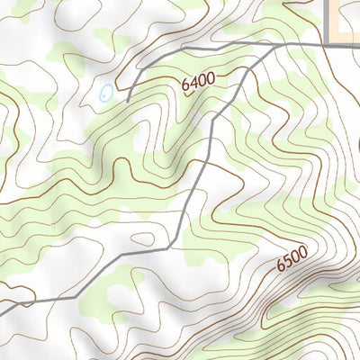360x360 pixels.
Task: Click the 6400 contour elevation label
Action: (198, 82)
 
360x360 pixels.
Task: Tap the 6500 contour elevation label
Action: (292, 259)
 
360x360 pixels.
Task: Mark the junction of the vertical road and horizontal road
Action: (323, 44)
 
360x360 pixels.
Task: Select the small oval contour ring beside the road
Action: (142, 239)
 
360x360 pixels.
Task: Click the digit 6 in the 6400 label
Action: (185, 86)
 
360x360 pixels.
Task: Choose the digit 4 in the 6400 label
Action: (193, 84)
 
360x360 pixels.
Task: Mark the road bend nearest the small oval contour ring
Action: (169, 247)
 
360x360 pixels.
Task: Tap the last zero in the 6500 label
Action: (304, 253)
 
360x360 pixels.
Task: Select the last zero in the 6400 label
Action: (211, 78)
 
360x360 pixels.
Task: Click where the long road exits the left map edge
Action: (2, 313)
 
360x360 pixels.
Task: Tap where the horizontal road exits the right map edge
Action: (358, 44)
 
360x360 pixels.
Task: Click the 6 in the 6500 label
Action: (279, 265)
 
